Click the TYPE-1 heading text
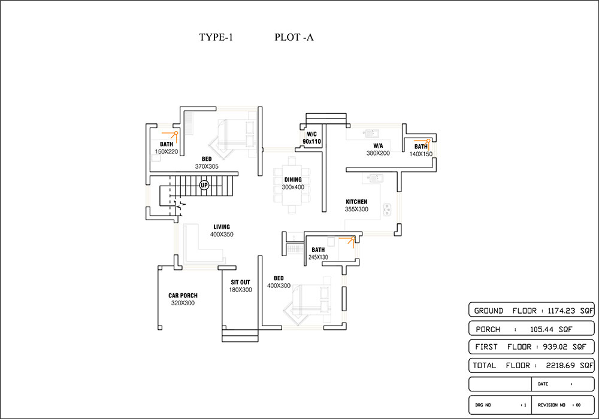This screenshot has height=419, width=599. point(216,37)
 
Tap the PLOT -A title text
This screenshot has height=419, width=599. point(294,37)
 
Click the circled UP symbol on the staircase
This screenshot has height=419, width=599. point(204,185)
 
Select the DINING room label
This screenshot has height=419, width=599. point(294,180)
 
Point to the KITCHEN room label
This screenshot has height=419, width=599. point(356,202)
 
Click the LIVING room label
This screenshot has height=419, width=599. point(222,227)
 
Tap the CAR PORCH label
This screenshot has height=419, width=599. point(183,296)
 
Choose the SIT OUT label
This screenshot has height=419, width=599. point(240,282)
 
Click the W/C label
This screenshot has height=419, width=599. point(311,134)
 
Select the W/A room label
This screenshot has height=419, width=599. point(378,145)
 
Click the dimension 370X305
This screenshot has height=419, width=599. point(205,166)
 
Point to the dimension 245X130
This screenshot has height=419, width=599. point(318,257)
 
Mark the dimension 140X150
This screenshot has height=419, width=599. point(421,154)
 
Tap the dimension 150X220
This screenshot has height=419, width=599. point(167,151)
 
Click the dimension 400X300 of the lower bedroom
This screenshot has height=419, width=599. point(279,286)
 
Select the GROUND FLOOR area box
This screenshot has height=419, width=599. point(531,311)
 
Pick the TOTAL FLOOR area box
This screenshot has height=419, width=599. point(531,365)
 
